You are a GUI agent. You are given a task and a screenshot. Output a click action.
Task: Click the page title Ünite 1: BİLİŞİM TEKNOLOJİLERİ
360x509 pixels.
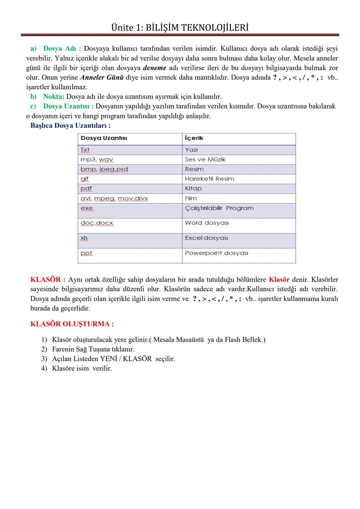coord(180,27)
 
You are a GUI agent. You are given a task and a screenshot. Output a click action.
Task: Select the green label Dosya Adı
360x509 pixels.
coord(60,49)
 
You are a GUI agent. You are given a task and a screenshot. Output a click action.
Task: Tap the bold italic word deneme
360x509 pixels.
coord(154,68)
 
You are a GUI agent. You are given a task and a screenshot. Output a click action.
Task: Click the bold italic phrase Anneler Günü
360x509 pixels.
coord(102,78)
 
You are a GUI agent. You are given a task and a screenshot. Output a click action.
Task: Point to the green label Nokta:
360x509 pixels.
coord(53,97)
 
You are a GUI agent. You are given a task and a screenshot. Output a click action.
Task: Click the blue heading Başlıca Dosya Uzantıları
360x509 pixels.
coord(70,126)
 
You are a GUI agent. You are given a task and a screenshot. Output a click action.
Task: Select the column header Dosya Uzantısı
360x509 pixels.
coord(104,138)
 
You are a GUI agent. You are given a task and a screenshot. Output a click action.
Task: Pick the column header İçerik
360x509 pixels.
coord(194,138)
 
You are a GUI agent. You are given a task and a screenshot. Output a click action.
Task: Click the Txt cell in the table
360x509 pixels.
coord(85,150)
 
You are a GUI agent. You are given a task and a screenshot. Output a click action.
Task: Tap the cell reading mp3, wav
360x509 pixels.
coord(97,160)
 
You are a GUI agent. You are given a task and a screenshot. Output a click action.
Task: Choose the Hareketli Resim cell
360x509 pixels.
coord(209,179)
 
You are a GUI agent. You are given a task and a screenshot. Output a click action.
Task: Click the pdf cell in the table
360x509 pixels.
coord(86,189)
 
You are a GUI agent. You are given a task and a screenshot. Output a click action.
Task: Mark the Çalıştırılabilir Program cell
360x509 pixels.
coord(219,208)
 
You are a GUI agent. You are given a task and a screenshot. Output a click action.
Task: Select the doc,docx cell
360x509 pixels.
coord(97,223)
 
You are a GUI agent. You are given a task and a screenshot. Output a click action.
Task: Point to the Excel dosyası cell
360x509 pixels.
coord(206,238)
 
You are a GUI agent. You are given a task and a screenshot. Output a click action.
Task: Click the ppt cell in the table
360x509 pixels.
coord(86,253)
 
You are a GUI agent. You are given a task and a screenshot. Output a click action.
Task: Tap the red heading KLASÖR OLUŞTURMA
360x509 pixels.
coord(72,324)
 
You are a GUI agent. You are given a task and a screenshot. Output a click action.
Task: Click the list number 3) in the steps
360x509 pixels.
coord(44,359)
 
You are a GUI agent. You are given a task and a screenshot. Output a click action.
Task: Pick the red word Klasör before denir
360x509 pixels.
coord(279,280)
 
